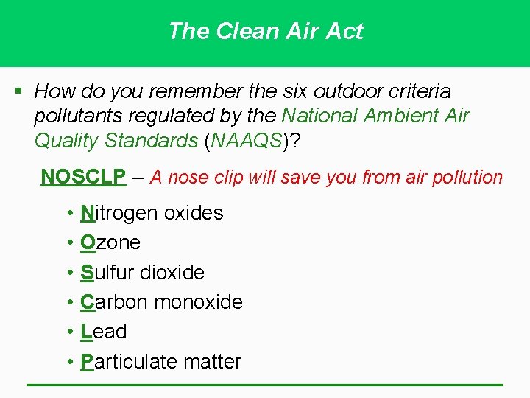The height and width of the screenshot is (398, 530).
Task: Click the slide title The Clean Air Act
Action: [265, 31]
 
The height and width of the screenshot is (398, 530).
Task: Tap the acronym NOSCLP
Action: [83, 177]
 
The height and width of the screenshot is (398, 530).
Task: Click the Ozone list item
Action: [110, 242]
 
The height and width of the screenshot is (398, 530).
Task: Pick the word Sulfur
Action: [107, 273]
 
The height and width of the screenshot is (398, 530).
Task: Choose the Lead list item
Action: [104, 332]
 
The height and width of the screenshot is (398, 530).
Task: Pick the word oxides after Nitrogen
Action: [193, 213]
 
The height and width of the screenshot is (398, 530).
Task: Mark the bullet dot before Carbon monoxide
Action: [68, 302]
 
